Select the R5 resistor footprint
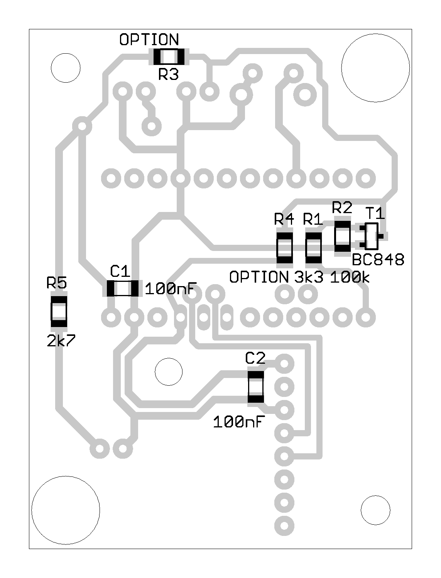click(x=59, y=312)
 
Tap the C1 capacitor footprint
click(x=122, y=288)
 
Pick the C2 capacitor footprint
click(x=255, y=387)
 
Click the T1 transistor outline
click(x=372, y=236)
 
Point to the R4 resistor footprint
click(x=285, y=248)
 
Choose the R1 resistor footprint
click(x=314, y=248)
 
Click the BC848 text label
click(x=378, y=260)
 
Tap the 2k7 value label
click(x=61, y=341)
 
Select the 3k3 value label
click(x=309, y=277)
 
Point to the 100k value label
click(x=350, y=277)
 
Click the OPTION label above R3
click(x=149, y=40)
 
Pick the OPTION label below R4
click(x=259, y=277)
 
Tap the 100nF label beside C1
click(x=171, y=288)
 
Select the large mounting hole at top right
click(x=375, y=68)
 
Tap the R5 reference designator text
click(x=57, y=283)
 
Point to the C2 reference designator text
click(x=255, y=358)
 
